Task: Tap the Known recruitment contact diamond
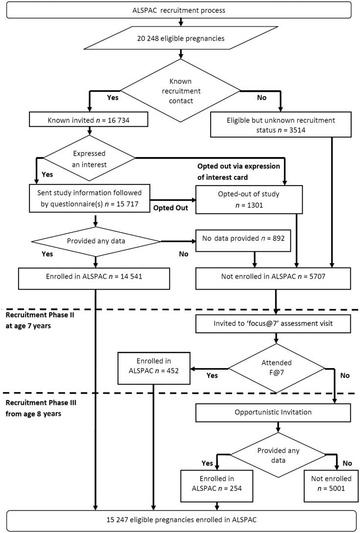180,90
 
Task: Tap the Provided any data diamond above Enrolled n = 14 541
96,241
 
